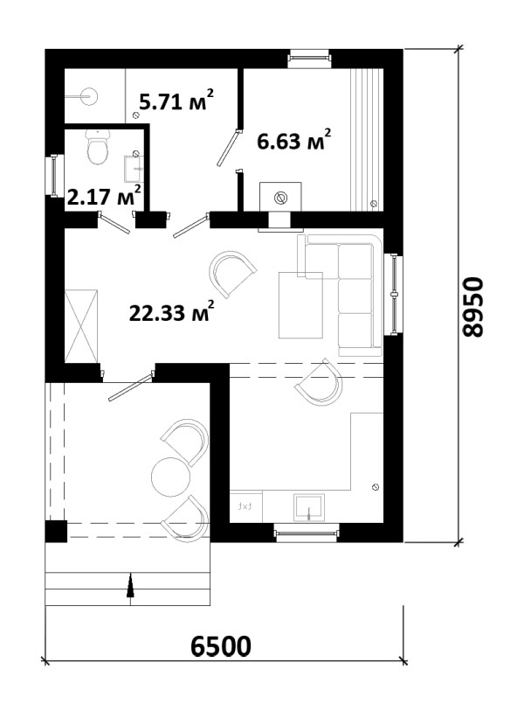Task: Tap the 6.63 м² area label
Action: (x=294, y=140)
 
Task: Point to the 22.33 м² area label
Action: (x=172, y=311)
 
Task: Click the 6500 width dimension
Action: (x=221, y=646)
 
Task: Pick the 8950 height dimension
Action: (x=473, y=307)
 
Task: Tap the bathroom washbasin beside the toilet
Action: (x=134, y=168)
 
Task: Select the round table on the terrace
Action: (x=170, y=477)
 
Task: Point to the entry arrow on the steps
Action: (x=130, y=589)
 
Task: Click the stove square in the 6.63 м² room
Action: (x=280, y=198)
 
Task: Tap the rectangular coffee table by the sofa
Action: (x=300, y=305)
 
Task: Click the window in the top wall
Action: (x=310, y=58)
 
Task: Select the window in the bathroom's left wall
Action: (x=55, y=176)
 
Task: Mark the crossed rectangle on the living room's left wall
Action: (x=81, y=326)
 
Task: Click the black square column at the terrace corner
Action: (x=56, y=532)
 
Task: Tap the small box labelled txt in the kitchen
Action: (x=246, y=506)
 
